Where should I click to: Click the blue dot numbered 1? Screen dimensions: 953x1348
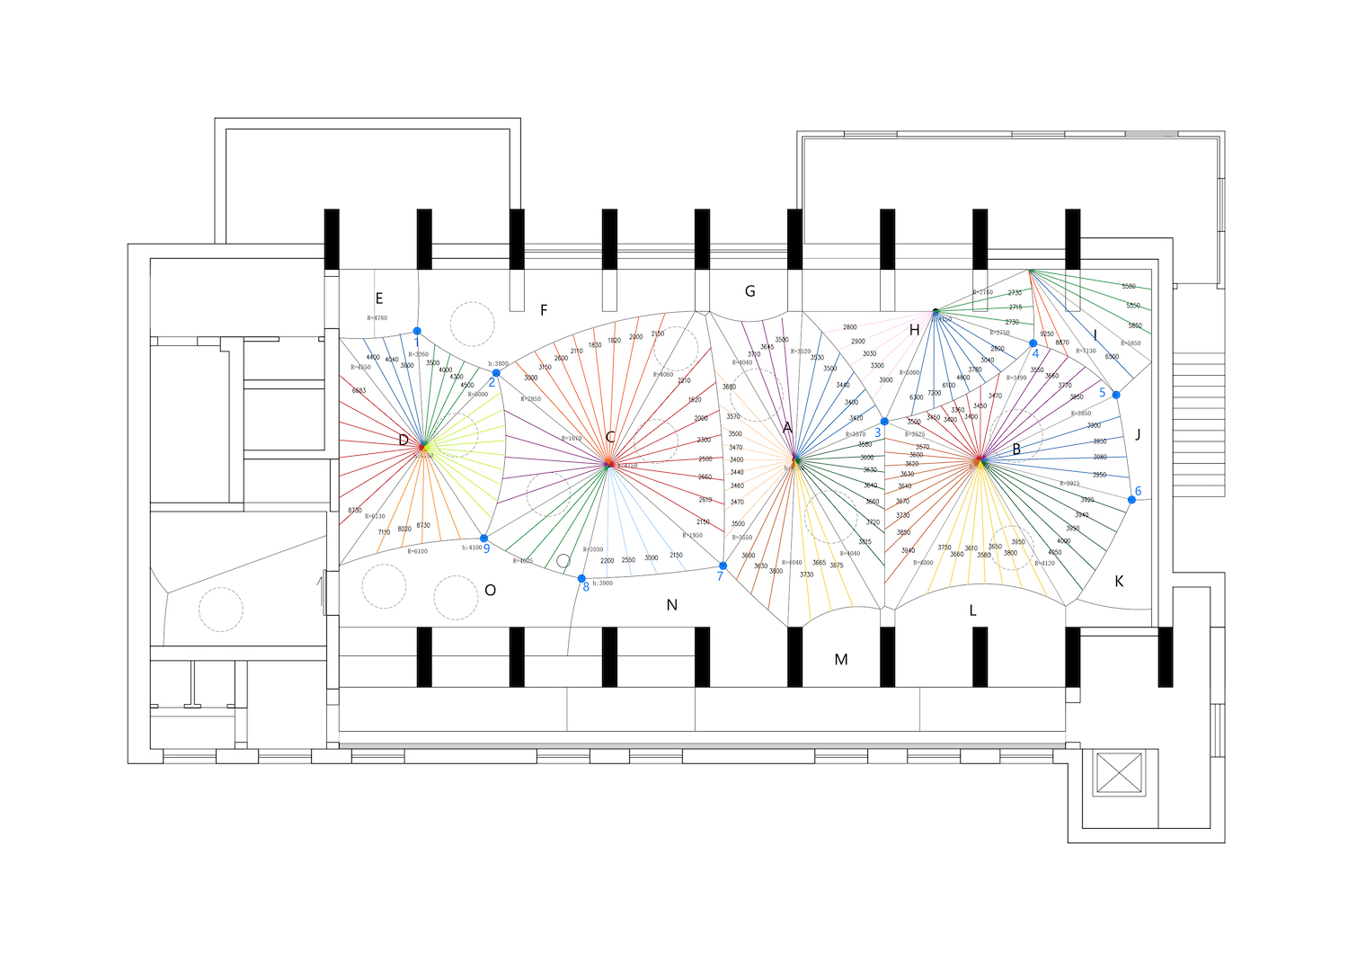[417, 332]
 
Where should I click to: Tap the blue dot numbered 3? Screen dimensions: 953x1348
[884, 422]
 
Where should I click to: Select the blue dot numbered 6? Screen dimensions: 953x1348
[1131, 500]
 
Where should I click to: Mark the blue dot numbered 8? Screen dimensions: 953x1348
[581, 579]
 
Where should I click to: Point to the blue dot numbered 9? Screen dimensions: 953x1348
[483, 539]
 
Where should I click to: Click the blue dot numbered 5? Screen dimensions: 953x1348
[1116, 395]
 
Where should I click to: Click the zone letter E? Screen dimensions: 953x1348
[379, 298]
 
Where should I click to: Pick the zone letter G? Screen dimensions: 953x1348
[749, 291]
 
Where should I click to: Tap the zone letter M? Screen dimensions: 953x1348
[841, 660]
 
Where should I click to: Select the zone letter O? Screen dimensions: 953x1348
[490, 591]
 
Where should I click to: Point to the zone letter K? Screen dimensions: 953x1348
[1119, 582]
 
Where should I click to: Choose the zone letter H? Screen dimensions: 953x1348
[914, 330]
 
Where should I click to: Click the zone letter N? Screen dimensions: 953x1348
[671, 606]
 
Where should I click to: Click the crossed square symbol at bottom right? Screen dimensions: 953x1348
[1120, 772]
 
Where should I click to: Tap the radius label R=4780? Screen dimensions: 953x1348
[377, 318]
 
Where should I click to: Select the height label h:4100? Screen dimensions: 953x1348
[472, 548]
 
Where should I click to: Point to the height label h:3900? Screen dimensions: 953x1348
[602, 583]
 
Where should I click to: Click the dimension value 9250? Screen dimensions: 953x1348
[1047, 334]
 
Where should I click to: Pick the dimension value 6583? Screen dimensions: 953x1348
[359, 391]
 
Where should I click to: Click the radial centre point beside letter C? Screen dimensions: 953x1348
[608, 464]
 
